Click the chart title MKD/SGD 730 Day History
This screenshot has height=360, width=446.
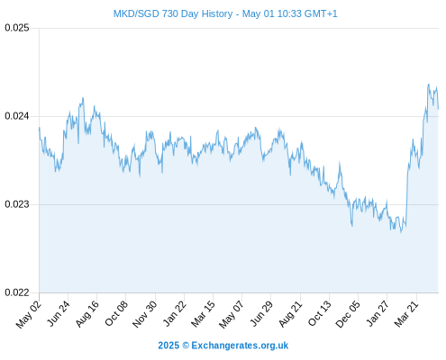173,13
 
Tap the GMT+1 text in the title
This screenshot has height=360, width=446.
321,13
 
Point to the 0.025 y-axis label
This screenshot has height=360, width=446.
17,28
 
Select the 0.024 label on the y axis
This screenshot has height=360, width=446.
17,116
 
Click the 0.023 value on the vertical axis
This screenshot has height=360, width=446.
17,204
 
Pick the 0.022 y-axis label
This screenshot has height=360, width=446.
17,292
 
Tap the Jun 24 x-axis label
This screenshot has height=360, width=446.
59,313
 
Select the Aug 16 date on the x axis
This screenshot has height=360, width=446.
87,313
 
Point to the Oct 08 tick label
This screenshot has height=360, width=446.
116,313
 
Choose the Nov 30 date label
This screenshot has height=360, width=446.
145,314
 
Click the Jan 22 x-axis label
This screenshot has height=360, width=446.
175,313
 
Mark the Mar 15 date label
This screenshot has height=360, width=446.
203,313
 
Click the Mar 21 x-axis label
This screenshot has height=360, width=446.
406,313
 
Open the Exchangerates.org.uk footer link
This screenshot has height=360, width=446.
240,346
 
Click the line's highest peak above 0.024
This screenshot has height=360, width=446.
428,85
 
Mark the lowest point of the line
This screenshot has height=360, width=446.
401,232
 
